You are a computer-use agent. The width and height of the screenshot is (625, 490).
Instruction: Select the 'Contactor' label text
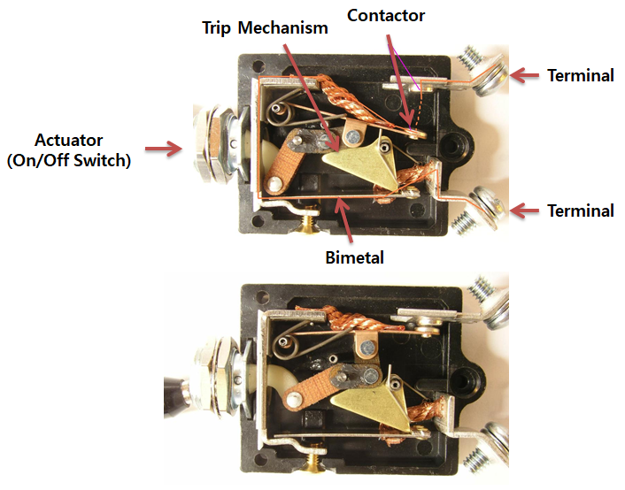click(386, 15)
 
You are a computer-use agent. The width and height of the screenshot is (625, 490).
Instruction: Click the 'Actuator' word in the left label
click(67, 140)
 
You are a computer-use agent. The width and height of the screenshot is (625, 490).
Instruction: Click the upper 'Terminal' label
click(580, 75)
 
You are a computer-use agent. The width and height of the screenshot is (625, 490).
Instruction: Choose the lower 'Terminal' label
click(580, 211)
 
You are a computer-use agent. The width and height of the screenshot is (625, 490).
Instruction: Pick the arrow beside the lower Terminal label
click(529, 211)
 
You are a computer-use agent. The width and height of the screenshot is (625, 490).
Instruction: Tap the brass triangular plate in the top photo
click(359, 160)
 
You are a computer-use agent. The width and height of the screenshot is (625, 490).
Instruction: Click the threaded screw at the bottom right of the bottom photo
click(478, 461)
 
